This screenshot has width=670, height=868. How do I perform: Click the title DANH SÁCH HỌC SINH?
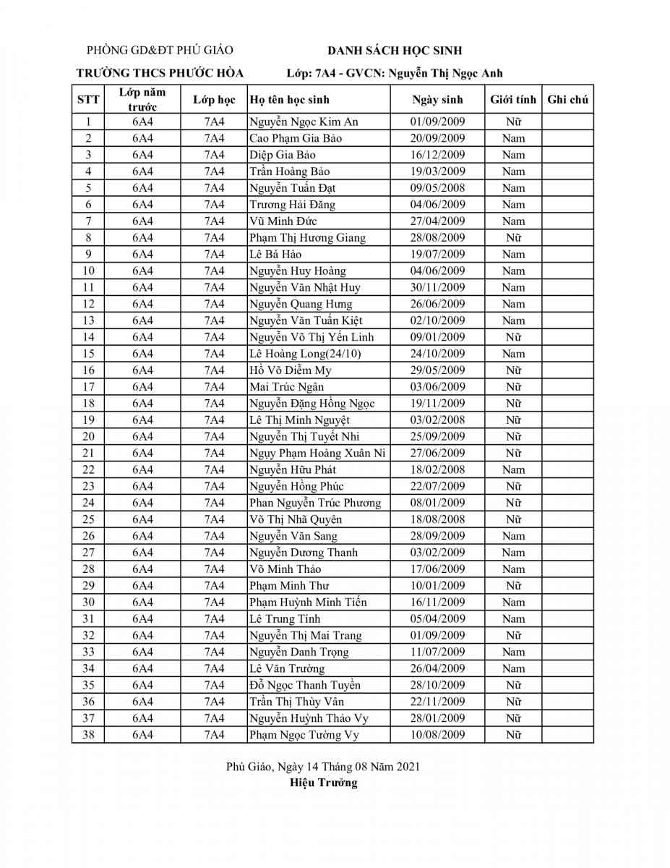pos(395,51)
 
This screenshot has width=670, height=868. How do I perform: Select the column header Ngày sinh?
pos(437,100)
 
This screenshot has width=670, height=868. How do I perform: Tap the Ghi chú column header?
pos(567,100)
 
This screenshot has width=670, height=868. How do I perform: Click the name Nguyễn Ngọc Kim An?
pos(304,122)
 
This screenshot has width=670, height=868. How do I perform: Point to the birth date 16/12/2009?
pos(437,155)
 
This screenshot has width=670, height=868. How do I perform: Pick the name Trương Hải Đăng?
pos(292,205)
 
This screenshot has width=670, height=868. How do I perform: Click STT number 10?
pos(88,271)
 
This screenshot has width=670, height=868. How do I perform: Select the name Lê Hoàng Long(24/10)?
pos(305,354)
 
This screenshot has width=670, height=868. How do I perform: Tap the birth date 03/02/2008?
pos(437,420)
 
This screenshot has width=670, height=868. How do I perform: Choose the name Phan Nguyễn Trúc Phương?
pos(315,503)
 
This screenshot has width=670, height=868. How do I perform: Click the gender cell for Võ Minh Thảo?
pos(513,569)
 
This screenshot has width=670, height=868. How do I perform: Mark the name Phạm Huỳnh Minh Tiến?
pos(308,603)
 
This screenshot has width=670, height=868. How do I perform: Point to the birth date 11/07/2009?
pos(437,652)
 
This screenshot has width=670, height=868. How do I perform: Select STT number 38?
pos(88,735)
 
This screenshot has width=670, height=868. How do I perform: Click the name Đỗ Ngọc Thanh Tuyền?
pos(305,686)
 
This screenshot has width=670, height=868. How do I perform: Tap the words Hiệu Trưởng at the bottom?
pos(323,783)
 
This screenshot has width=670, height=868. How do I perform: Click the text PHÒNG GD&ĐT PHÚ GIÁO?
pos(160,51)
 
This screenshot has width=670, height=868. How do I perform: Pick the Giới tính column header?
pos(513,100)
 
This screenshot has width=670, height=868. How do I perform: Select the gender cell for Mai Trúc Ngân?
pos(513,387)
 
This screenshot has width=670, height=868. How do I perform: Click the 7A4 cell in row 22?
pos(214,470)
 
